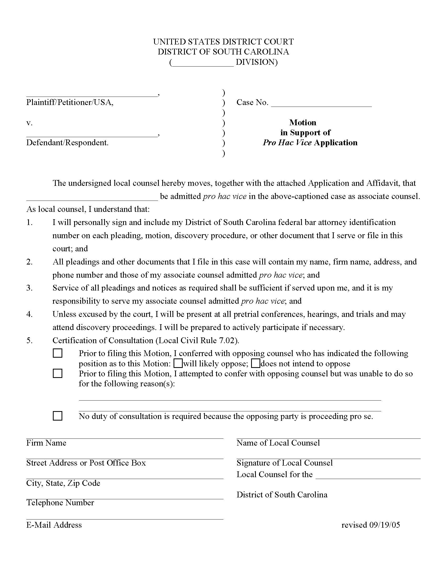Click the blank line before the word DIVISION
tap(202, 64)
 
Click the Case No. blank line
tap(321, 104)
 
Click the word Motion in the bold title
tap(303, 122)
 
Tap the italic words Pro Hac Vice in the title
tap(287, 143)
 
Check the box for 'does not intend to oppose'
tap(256, 363)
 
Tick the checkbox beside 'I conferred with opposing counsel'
tap(58, 353)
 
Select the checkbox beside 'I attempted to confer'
tap(58, 373)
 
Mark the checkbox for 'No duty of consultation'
tap(58, 416)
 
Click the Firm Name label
tap(46, 443)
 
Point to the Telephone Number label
tap(60, 503)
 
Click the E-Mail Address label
tap(54, 525)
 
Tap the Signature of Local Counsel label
tap(285, 463)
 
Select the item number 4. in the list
tap(29, 314)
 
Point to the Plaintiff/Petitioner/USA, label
tap(70, 102)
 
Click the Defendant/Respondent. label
tap(67, 143)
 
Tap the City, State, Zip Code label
tap(63, 483)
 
